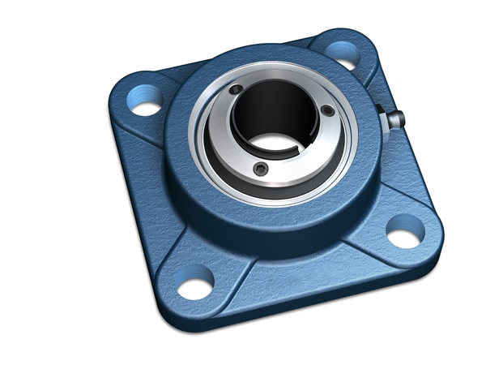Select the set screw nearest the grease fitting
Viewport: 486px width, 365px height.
coord(326,109)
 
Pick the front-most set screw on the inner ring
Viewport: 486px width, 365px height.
coord(260,168)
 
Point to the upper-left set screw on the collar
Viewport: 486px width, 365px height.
coord(235,89)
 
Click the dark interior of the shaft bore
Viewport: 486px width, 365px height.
coord(275,109)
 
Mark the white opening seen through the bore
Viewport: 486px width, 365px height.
coord(275,143)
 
